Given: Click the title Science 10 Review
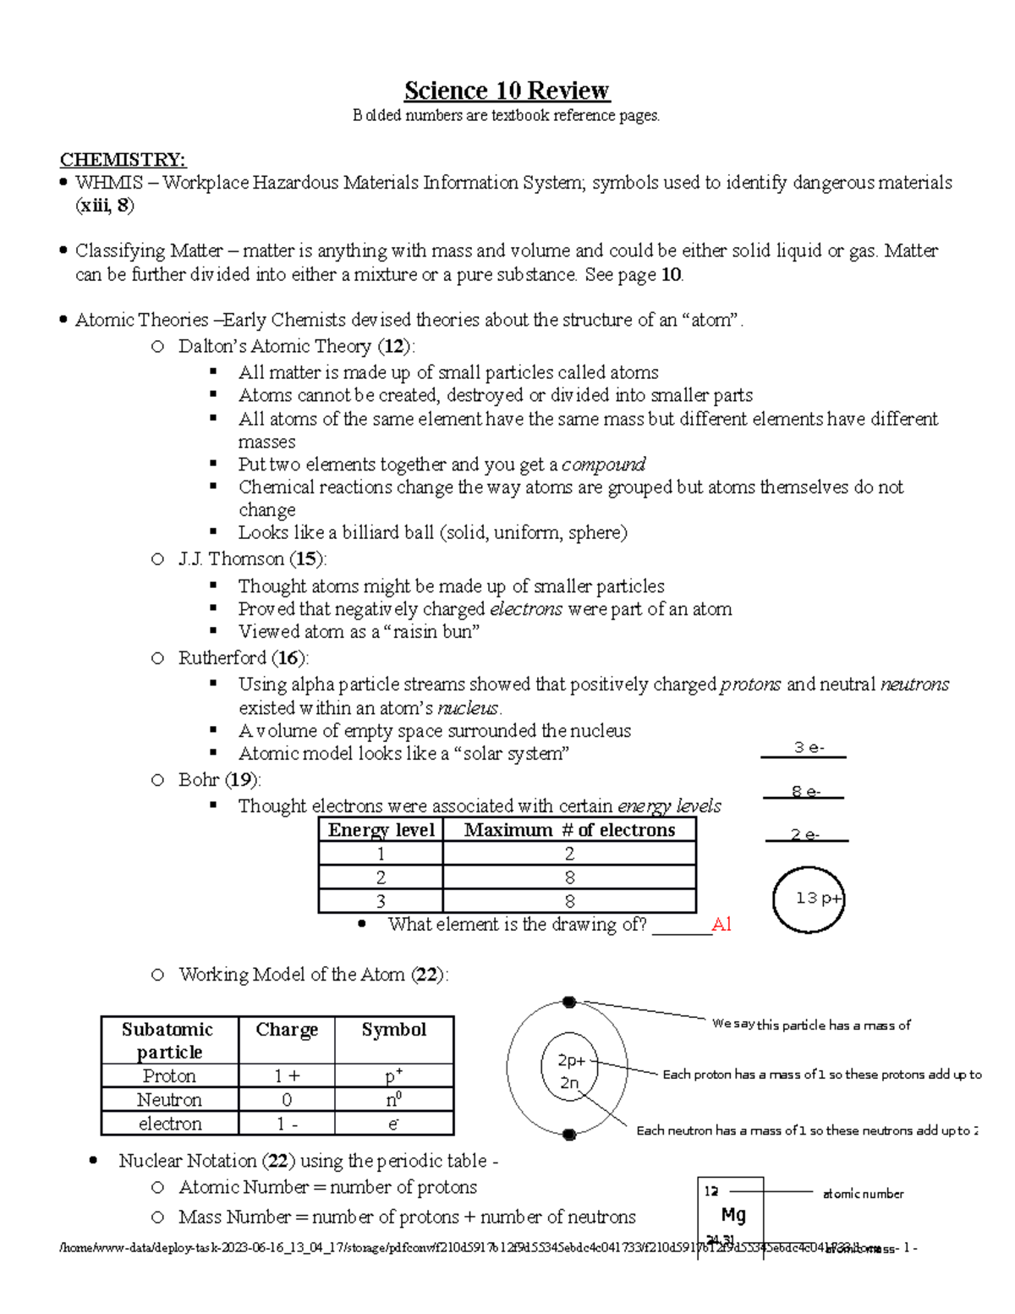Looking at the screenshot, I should [507, 91].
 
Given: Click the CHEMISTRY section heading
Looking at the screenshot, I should [123, 160].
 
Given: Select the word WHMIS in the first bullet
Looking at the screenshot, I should [109, 183].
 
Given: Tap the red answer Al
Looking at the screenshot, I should [721, 924].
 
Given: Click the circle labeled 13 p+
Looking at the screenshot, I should [809, 899].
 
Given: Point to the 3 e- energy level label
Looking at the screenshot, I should [808, 748].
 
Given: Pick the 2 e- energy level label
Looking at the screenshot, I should [805, 835].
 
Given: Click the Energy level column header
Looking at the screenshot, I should [381, 830].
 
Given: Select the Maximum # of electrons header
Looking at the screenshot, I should [569, 830].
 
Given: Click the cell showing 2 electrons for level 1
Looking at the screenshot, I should [569, 854].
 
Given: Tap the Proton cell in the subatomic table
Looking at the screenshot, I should [169, 1076].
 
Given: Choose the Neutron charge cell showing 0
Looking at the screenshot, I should [287, 1100].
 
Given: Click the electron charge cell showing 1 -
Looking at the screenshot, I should [287, 1124].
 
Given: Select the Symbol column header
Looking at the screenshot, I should [394, 1030].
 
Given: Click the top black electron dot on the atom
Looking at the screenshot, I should [569, 1003].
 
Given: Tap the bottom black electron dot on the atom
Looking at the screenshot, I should [569, 1135].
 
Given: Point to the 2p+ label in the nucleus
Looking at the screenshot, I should [571, 1060].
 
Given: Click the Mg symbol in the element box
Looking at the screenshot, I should [732, 1215].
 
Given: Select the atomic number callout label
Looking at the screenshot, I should [863, 1194].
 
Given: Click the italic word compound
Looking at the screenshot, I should [603, 465].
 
